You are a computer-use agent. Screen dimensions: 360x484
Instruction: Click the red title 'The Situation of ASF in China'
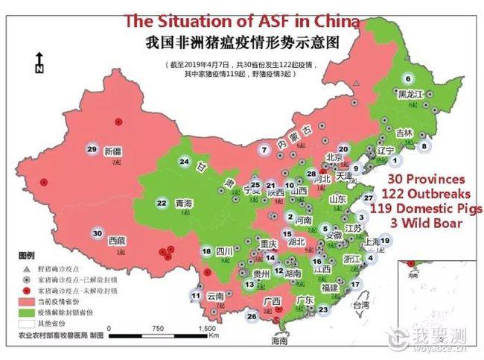(x=241, y=21)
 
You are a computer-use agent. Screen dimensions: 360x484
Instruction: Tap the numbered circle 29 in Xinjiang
(x=92, y=149)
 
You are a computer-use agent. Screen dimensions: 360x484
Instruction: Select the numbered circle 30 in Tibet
(x=97, y=233)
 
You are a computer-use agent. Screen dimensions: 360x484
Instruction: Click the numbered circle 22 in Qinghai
(x=162, y=202)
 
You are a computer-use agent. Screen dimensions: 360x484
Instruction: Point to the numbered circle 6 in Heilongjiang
(x=407, y=78)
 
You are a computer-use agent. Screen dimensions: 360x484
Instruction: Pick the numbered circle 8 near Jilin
(x=424, y=146)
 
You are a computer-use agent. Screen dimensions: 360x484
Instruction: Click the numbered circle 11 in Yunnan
(x=196, y=296)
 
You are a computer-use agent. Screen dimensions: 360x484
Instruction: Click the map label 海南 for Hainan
(x=278, y=341)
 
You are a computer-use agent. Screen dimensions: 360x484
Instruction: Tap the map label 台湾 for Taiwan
(x=360, y=306)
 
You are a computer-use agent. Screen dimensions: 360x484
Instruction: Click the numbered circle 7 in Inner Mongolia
(x=264, y=149)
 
